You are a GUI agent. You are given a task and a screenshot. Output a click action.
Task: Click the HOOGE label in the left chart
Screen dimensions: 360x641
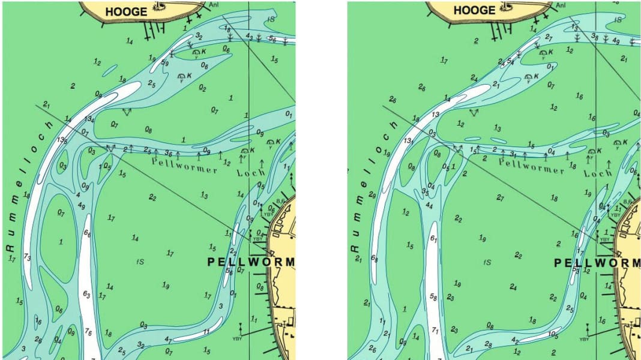tap(126, 11)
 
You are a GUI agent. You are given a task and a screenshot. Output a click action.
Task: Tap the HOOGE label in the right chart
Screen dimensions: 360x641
tap(474, 11)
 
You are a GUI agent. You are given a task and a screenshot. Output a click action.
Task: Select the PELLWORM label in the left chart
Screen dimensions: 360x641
tap(251, 262)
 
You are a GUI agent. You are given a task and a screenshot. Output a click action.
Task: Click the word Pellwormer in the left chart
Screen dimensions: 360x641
tap(184, 166)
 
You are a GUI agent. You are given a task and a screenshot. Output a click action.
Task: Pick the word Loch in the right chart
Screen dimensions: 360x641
tap(600, 172)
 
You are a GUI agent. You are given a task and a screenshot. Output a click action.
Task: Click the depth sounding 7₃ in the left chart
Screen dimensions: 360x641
tap(27, 257)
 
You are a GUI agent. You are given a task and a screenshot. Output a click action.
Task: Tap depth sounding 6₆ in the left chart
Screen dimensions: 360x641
tap(87, 234)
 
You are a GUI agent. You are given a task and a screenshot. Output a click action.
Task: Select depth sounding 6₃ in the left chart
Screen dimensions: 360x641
tap(86, 295)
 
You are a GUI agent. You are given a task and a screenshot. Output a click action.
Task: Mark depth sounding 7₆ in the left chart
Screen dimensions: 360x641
tap(88, 332)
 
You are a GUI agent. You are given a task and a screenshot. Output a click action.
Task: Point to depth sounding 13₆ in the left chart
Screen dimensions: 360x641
tap(62, 140)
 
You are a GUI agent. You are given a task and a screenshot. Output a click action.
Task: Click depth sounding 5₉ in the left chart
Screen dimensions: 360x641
tap(164, 62)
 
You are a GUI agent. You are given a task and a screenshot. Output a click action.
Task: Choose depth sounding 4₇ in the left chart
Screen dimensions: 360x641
tap(168, 340)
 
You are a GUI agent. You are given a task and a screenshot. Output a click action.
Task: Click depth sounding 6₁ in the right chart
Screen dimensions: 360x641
tap(433, 238)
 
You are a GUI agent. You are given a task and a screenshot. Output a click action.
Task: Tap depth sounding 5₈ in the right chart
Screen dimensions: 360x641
tap(433, 296)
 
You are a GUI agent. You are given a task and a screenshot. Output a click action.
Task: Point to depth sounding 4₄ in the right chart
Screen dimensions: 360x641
tap(429, 205)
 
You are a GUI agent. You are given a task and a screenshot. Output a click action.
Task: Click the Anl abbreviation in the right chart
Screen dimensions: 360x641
tap(561, 5)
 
